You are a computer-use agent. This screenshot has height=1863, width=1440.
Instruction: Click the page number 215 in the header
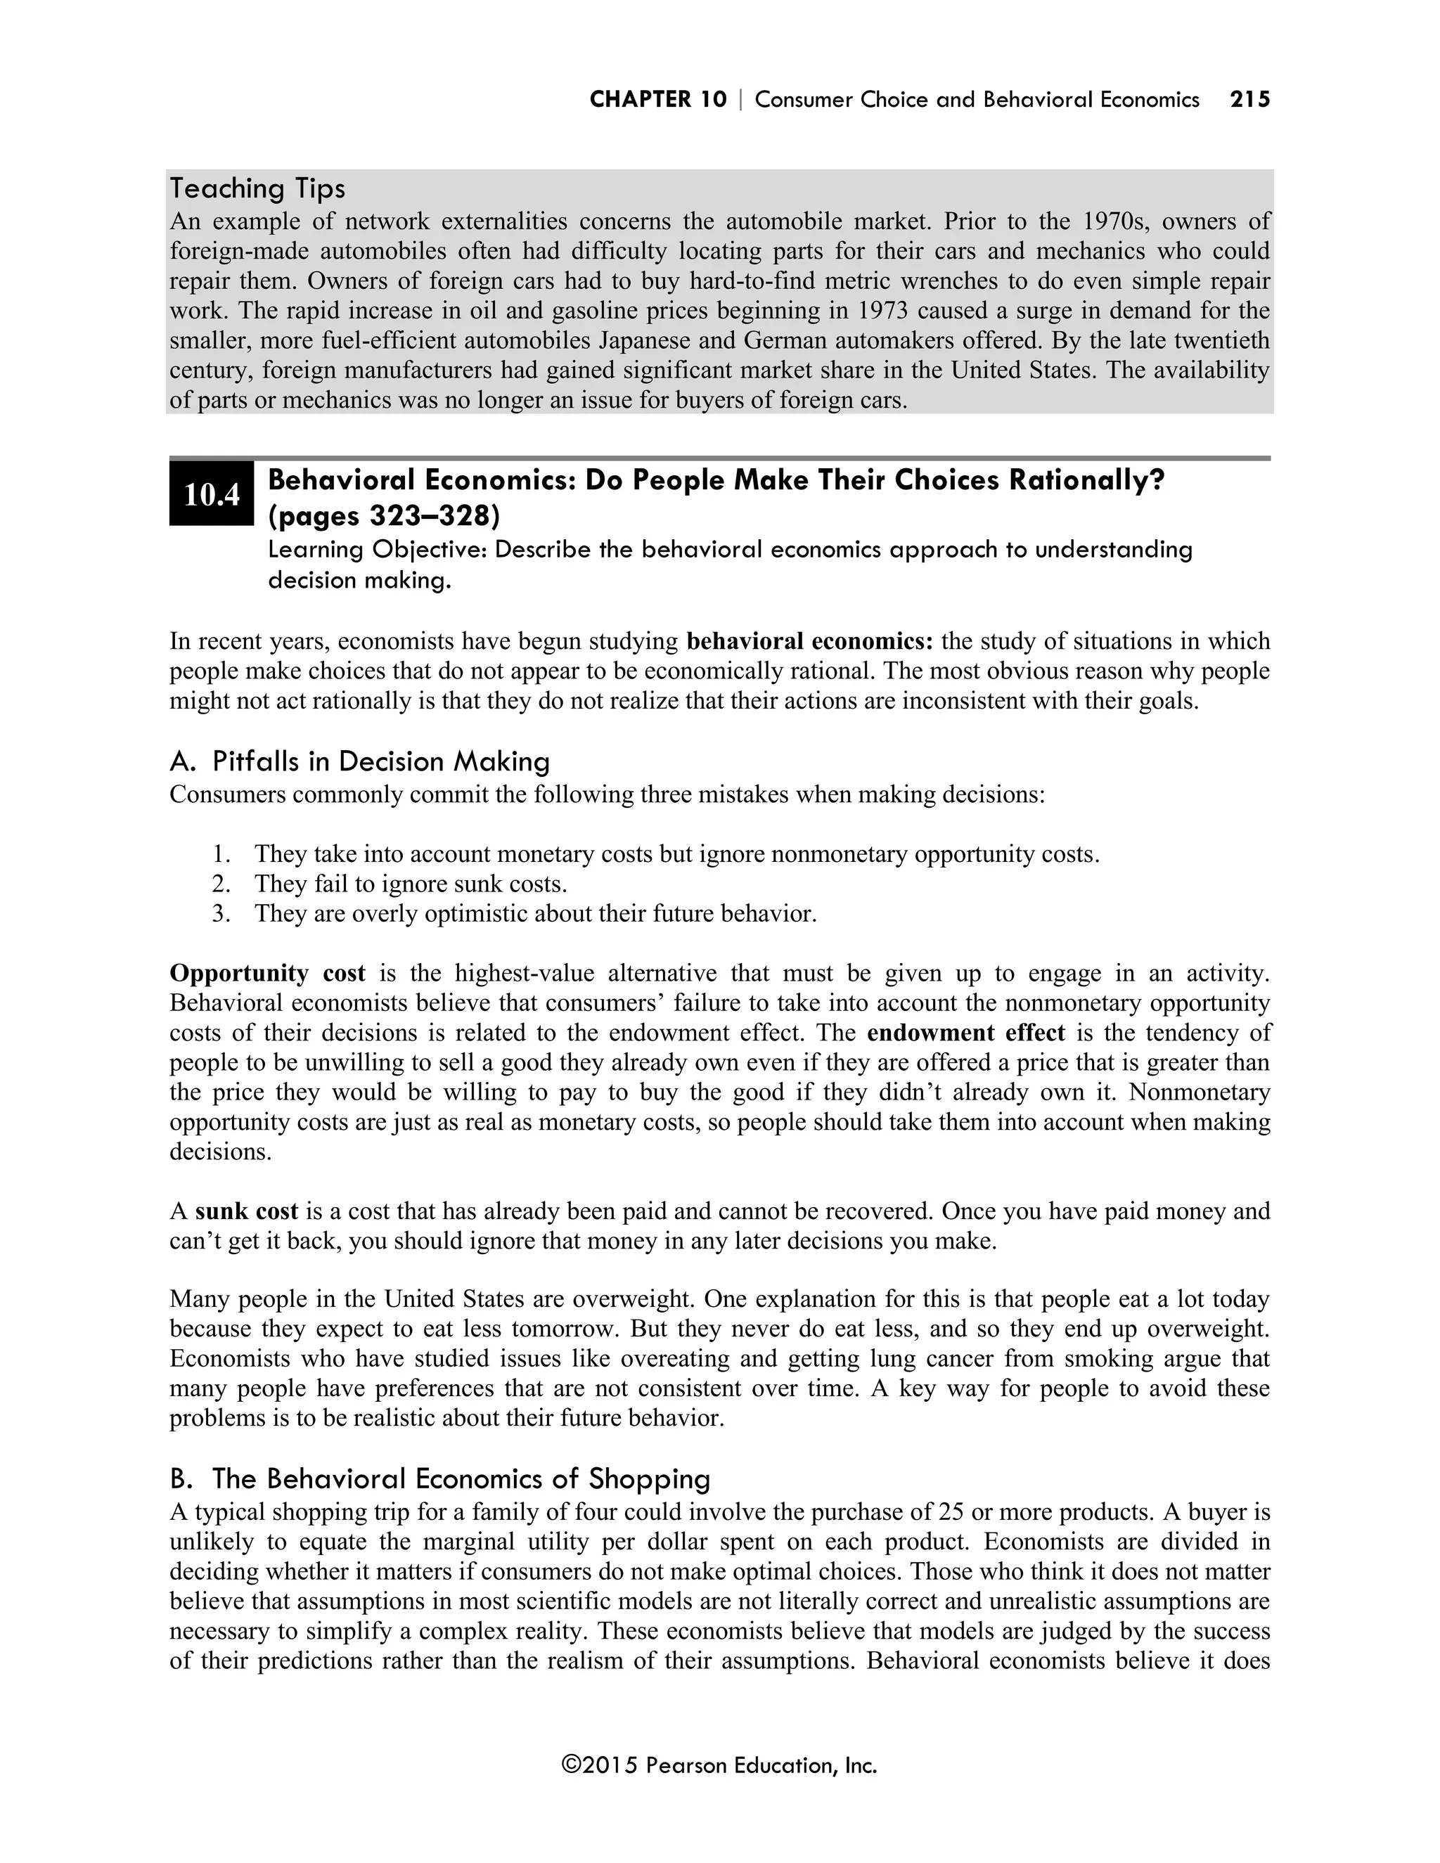point(1249,100)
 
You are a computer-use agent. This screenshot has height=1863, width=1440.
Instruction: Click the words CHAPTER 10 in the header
point(657,100)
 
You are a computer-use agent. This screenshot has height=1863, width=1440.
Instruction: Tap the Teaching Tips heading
point(257,188)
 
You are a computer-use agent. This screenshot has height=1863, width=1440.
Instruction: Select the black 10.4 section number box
point(211,495)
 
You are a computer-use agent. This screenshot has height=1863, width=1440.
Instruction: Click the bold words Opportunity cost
point(267,973)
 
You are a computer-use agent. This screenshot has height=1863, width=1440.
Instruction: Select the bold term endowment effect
point(965,1033)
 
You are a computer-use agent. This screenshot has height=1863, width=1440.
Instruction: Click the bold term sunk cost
point(247,1211)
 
